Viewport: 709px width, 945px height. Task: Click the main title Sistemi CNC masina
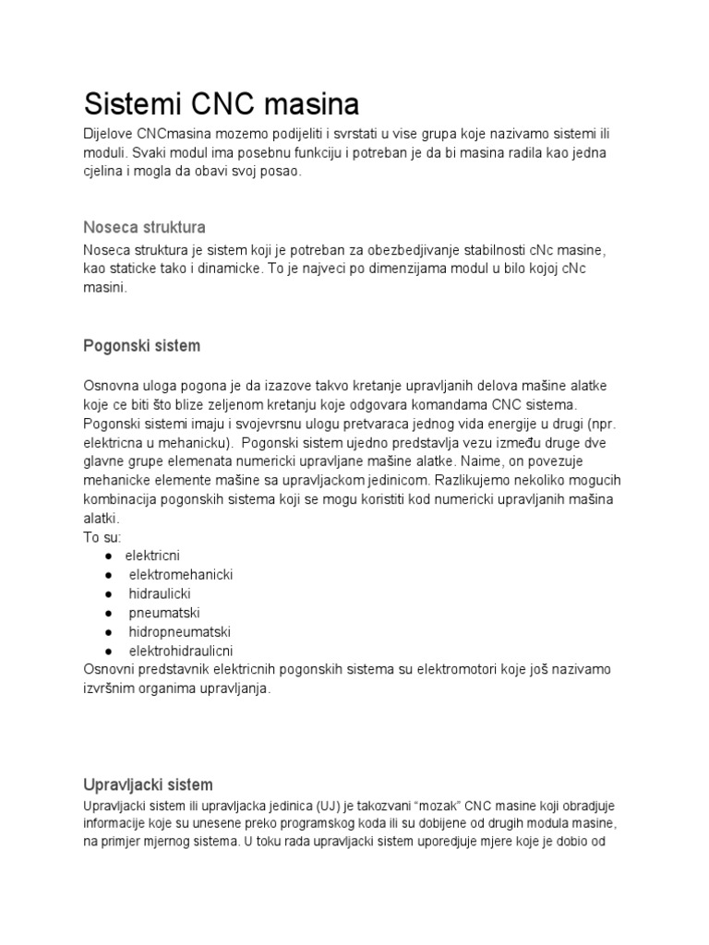[222, 102]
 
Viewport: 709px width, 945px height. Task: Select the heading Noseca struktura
[144, 226]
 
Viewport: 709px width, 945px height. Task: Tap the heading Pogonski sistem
[141, 346]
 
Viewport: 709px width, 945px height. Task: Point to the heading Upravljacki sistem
[148, 784]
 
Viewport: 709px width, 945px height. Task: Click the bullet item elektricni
[153, 555]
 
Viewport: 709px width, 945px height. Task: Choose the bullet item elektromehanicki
[181, 574]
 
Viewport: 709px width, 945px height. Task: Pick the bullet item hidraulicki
[160, 593]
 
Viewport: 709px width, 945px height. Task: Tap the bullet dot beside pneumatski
[109, 613]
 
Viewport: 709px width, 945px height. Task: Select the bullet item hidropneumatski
[179, 632]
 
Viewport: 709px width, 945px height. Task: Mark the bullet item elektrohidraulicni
[181, 651]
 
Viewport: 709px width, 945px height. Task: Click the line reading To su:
[102, 536]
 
